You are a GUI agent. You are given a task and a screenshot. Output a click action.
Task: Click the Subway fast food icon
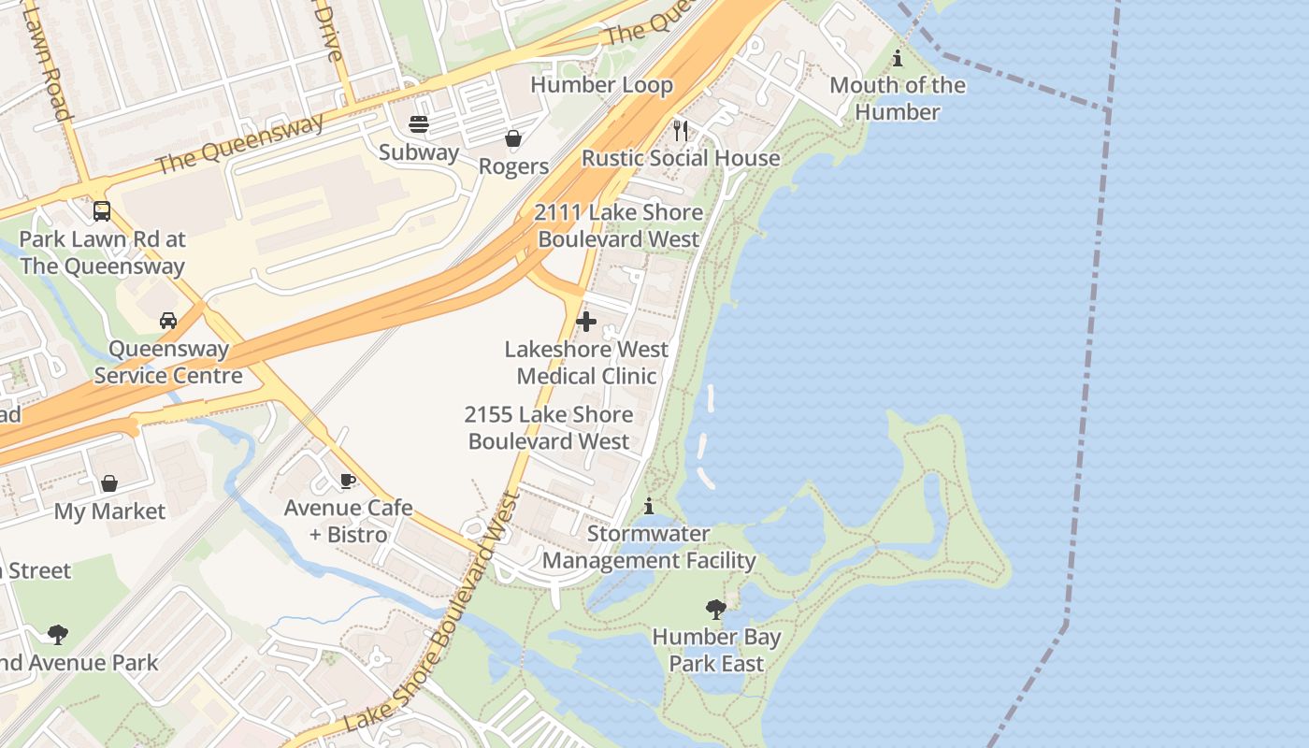click(x=419, y=124)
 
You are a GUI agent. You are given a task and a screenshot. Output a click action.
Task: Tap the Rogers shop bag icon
click(x=513, y=139)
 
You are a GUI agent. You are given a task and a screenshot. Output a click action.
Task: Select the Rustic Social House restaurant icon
click(x=681, y=130)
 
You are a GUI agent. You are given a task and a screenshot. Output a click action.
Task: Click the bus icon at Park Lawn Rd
click(x=102, y=211)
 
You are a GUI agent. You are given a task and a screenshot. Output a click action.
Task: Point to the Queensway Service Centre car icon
click(x=168, y=321)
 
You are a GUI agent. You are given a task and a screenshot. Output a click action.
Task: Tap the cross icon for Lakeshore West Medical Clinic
click(x=586, y=322)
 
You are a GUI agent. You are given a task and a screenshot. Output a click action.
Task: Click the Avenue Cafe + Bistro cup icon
click(x=348, y=481)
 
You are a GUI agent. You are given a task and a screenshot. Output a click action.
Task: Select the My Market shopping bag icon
click(x=109, y=483)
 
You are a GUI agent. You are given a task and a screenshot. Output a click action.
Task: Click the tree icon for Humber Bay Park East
click(x=716, y=610)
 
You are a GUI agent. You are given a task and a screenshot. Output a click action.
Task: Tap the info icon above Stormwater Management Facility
click(x=649, y=506)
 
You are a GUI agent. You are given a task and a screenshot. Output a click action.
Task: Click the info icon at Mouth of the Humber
click(x=898, y=58)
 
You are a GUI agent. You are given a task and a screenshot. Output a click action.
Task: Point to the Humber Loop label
click(x=601, y=85)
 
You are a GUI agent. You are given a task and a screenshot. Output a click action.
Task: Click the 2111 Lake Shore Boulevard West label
click(x=618, y=225)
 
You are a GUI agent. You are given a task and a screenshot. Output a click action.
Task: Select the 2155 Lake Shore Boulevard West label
click(x=549, y=427)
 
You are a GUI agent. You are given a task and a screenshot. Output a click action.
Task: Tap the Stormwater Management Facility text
click(x=649, y=547)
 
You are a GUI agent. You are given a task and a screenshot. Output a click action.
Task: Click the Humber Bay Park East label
click(x=716, y=651)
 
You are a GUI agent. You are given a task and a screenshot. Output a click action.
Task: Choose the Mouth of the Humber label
click(x=898, y=98)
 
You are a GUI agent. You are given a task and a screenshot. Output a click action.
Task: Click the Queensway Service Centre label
click(x=168, y=362)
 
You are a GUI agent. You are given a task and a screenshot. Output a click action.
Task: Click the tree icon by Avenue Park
click(x=58, y=635)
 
